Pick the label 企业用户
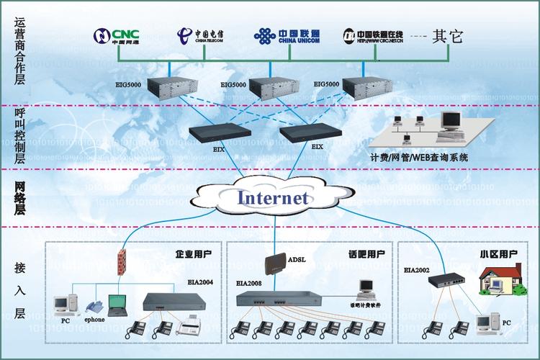click(193, 254)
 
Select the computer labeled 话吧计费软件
click(367, 287)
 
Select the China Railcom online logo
click(372, 35)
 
